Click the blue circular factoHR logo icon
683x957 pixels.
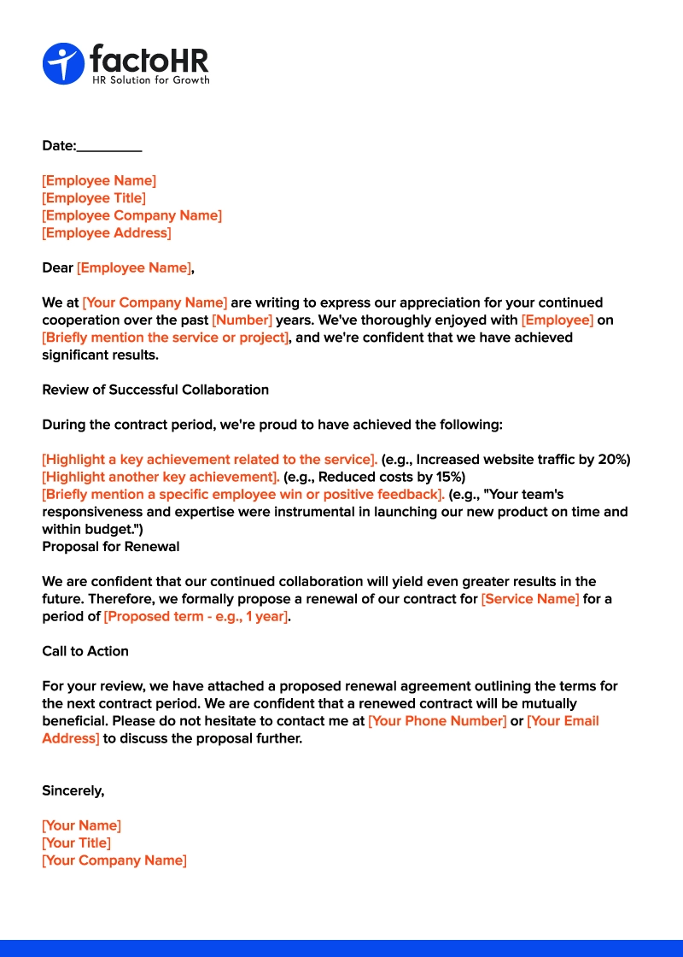coord(63,63)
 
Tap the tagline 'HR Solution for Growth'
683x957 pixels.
coord(150,80)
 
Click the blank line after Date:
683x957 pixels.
coord(109,146)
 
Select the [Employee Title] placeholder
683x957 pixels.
coord(94,198)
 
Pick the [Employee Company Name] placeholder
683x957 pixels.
coord(131,215)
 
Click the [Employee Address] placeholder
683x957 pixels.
coord(107,233)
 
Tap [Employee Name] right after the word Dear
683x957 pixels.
coord(134,268)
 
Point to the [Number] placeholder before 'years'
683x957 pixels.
coord(242,320)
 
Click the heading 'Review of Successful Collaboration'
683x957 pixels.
coord(155,390)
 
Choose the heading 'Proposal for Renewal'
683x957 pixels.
coord(111,547)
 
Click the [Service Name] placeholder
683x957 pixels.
coord(529,599)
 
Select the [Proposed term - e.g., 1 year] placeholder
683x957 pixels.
coord(196,617)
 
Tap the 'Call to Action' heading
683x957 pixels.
coord(85,651)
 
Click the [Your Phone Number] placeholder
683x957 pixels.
coord(437,721)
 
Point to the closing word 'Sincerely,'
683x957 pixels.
coord(73,791)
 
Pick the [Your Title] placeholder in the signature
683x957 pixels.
coord(76,843)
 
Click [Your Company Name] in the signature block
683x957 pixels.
coord(114,860)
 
